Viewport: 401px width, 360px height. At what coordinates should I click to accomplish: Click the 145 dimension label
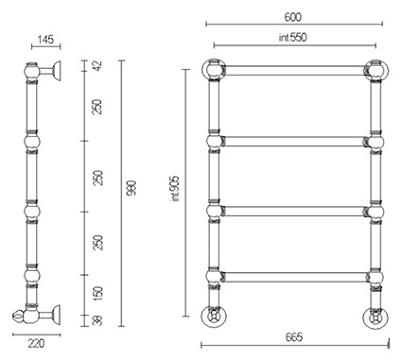[45, 40]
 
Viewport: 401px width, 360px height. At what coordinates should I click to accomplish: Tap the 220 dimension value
[36, 343]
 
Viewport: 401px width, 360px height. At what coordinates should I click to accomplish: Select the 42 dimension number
[98, 65]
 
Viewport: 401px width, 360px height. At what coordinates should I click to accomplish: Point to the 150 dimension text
[98, 293]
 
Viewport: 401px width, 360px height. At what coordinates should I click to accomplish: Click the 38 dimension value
[98, 320]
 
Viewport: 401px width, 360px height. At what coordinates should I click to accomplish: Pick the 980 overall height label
[131, 188]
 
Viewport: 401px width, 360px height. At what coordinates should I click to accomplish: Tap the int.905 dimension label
[174, 188]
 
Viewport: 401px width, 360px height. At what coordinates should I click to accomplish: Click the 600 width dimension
[293, 17]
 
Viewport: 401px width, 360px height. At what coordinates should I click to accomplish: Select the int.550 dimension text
[292, 37]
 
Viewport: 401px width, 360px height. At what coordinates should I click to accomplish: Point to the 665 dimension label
[294, 337]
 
